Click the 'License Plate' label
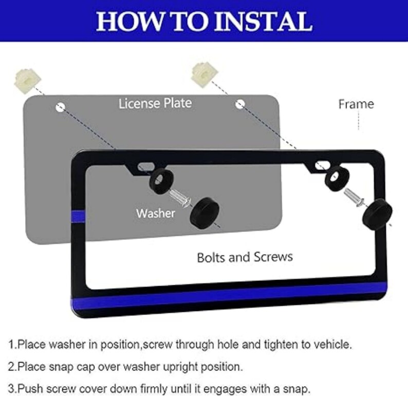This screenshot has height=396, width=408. [x=155, y=103]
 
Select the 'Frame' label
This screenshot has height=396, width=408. [x=356, y=104]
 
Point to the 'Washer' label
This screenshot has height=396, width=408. [x=156, y=213]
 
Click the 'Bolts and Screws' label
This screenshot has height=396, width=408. [x=245, y=256]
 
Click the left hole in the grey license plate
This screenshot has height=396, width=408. [x=61, y=107]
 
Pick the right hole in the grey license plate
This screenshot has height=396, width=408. [x=239, y=104]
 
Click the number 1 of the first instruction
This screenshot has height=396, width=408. [x=11, y=344]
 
